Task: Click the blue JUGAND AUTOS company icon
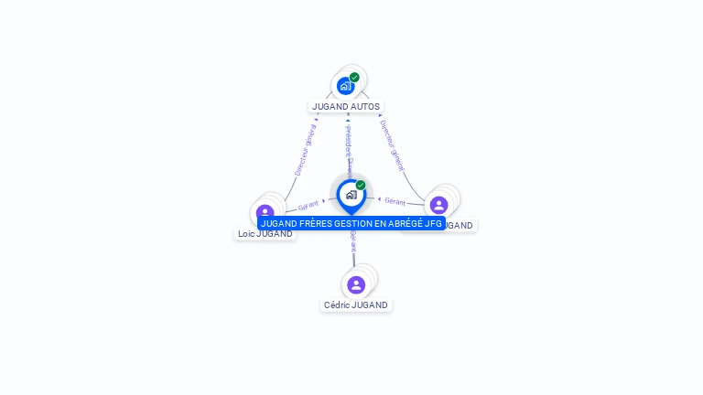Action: click(345, 86)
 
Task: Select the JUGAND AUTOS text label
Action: click(346, 106)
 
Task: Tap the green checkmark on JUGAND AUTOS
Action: click(354, 78)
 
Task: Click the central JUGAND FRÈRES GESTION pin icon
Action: click(351, 195)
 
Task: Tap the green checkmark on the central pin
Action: click(361, 186)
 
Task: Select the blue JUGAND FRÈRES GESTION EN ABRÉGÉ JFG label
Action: click(351, 223)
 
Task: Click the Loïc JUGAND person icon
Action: click(265, 212)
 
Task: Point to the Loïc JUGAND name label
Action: click(265, 234)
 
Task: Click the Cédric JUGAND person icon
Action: click(356, 284)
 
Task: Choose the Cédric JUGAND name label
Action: click(356, 305)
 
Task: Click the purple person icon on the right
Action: click(438, 205)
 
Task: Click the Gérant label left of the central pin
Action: click(308, 206)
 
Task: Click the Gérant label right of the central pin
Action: click(395, 201)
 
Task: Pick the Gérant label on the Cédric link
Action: click(353, 241)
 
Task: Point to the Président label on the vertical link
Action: click(348, 144)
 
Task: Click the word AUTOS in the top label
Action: click(365, 106)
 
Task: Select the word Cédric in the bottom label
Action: click(338, 305)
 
